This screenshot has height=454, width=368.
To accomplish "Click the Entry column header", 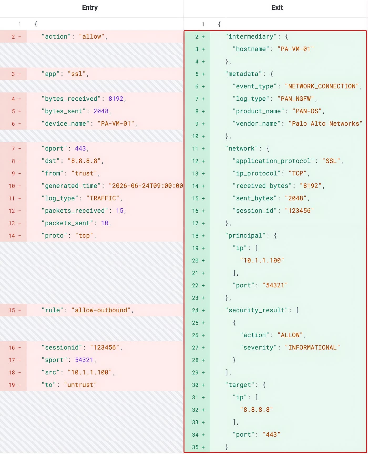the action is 90,8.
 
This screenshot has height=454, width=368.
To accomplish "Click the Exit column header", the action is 277,8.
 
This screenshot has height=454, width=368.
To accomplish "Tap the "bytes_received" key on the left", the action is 71,99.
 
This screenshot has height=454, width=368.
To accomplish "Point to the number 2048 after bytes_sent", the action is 101,111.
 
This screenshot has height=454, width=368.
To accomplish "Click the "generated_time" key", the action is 71,186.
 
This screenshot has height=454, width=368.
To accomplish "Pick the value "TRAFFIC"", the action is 103,198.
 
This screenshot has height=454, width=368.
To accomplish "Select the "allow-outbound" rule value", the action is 101,310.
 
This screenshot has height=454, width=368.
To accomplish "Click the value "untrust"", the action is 80,385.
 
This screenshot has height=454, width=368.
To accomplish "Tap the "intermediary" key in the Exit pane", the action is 251,37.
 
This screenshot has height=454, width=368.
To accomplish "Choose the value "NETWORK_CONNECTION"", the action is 322,86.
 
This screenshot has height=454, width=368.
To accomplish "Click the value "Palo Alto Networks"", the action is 325,123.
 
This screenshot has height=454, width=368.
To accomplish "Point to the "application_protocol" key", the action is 273,161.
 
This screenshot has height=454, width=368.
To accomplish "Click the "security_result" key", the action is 257,310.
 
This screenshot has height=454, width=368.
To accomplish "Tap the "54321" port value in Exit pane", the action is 275,285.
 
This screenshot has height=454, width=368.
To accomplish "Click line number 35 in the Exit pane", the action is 195,447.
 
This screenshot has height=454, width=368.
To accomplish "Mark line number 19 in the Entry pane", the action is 12,385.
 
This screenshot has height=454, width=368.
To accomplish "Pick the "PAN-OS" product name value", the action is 307,111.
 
